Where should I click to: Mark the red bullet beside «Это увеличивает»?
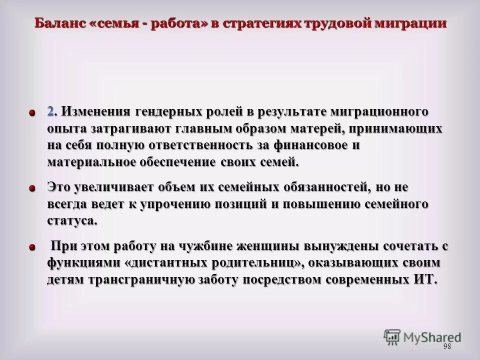pos(32,188)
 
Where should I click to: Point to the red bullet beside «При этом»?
pos(32,247)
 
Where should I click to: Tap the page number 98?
pos(446,347)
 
